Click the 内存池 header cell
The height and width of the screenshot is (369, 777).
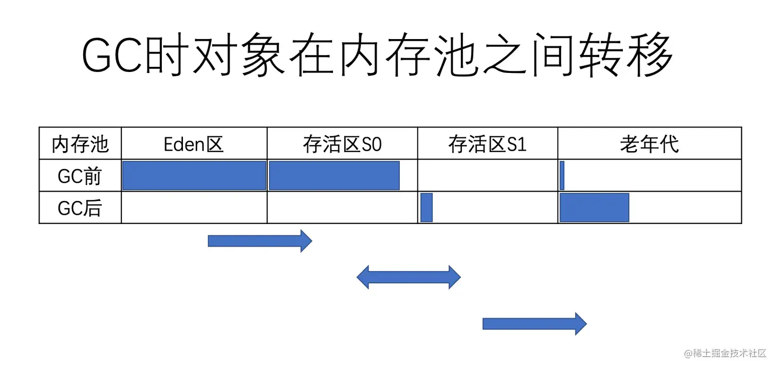[80, 144]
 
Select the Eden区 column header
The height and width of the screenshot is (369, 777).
[194, 144]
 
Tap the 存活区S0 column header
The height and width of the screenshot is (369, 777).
[342, 144]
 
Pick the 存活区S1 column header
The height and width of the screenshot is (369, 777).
[487, 144]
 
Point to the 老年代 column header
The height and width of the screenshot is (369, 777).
[649, 144]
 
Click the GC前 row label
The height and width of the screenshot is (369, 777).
[80, 176]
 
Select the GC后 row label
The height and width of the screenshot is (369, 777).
[80, 208]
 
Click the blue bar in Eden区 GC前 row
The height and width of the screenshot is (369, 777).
[194, 176]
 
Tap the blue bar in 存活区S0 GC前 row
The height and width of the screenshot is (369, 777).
[334, 176]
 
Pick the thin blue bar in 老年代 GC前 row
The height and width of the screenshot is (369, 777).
[562, 176]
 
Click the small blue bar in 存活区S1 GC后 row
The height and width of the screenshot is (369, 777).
[427, 208]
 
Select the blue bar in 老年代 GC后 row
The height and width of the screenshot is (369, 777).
[595, 208]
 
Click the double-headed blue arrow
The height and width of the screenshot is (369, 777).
[409, 278]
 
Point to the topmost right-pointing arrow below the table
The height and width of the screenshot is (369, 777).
[260, 241]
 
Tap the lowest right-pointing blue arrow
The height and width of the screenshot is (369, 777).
[534, 324]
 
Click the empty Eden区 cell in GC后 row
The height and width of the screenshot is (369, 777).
[194, 208]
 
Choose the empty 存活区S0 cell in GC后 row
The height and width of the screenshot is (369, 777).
[342, 208]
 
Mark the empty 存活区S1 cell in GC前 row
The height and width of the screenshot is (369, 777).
[487, 176]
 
